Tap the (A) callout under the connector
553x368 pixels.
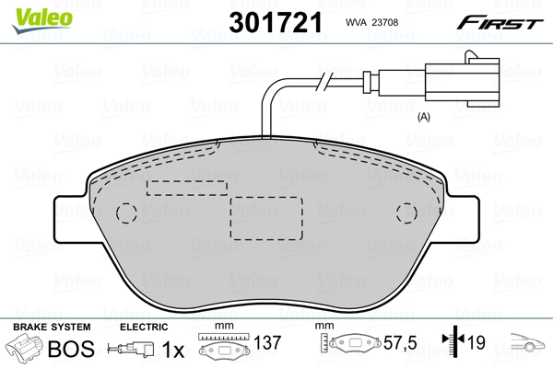click(x=425, y=116)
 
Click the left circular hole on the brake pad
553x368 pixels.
click(x=127, y=213)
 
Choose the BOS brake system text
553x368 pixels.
click(x=70, y=350)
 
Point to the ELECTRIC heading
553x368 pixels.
click(x=143, y=328)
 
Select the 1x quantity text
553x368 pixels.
click(x=171, y=350)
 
